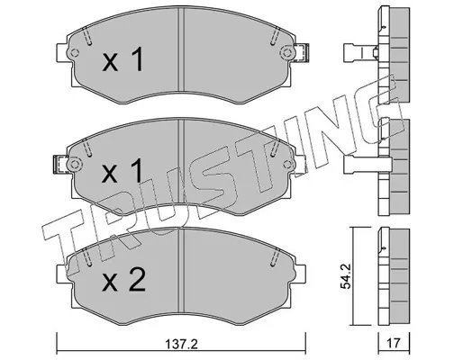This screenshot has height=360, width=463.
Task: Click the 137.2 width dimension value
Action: (182, 344)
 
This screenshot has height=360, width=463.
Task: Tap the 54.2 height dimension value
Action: (345, 276)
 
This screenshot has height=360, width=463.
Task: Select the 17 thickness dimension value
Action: (394, 343)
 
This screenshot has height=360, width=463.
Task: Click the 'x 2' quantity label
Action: (123, 280)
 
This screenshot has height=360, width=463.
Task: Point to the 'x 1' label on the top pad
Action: (123, 59)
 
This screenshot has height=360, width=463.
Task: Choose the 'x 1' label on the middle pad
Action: (123, 171)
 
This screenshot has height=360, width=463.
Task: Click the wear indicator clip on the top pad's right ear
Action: (301, 53)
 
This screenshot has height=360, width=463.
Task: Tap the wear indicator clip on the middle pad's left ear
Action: (60, 165)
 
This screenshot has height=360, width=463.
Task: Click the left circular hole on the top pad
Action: (75, 53)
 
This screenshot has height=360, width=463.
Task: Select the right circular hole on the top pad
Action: (286, 53)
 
